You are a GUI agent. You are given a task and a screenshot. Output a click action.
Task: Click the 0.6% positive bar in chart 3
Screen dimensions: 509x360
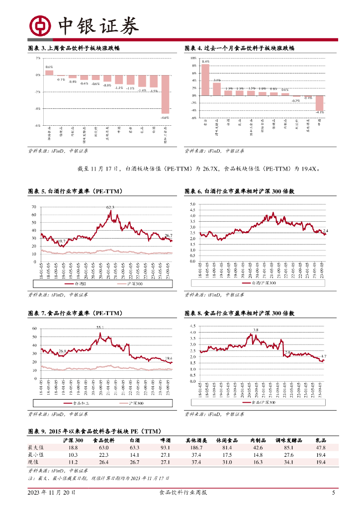click(x=49, y=73)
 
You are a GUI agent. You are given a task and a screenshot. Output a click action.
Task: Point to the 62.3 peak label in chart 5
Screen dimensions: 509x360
click(x=110, y=207)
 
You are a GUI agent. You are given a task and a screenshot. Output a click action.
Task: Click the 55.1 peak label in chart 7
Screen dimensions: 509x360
click(x=100, y=328)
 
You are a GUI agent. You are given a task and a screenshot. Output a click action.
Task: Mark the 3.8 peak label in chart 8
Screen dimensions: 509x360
click(x=256, y=330)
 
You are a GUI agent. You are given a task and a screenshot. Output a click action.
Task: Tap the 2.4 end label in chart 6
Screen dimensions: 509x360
click(x=326, y=231)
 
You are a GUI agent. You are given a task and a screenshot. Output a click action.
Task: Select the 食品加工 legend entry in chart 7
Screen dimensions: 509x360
click(x=75, y=403)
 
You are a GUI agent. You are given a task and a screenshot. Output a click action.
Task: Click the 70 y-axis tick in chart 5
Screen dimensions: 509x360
click(x=34, y=207)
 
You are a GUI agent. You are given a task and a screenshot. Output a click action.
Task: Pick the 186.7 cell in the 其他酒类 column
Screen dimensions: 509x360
click(x=193, y=447)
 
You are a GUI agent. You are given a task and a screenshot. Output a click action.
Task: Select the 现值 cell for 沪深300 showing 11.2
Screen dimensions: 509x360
click(x=73, y=462)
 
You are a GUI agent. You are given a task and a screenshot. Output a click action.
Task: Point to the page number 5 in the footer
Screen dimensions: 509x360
click(x=333, y=493)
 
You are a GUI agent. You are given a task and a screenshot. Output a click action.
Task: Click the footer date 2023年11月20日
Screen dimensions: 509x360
click(x=51, y=493)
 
